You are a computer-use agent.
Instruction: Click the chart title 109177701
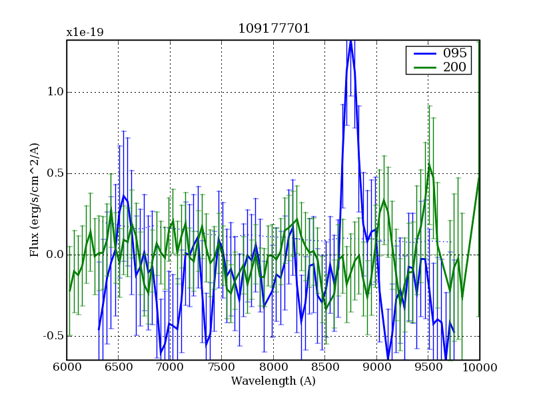[x=273, y=29]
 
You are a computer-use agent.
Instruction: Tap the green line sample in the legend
[x=422, y=67]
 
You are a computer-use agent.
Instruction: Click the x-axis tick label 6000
[x=67, y=367]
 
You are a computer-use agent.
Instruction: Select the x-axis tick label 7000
[x=170, y=367]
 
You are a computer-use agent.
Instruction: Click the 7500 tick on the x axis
[x=221, y=367]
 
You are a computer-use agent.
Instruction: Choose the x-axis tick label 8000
[x=273, y=367]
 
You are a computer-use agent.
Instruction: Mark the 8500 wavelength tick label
[x=324, y=367]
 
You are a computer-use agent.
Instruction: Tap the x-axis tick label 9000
[x=376, y=367]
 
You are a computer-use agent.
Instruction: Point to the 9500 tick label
[x=428, y=367]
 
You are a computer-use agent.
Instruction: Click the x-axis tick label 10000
[x=480, y=367]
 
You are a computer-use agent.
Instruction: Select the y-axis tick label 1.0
[x=53, y=92]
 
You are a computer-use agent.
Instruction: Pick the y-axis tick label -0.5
[x=52, y=335]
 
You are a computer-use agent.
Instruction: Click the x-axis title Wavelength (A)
[x=273, y=381]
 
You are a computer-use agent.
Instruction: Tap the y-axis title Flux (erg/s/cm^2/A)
[x=34, y=200]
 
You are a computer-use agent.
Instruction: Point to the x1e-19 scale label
[x=85, y=32]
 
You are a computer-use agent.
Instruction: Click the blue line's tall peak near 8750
[x=350, y=43]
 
